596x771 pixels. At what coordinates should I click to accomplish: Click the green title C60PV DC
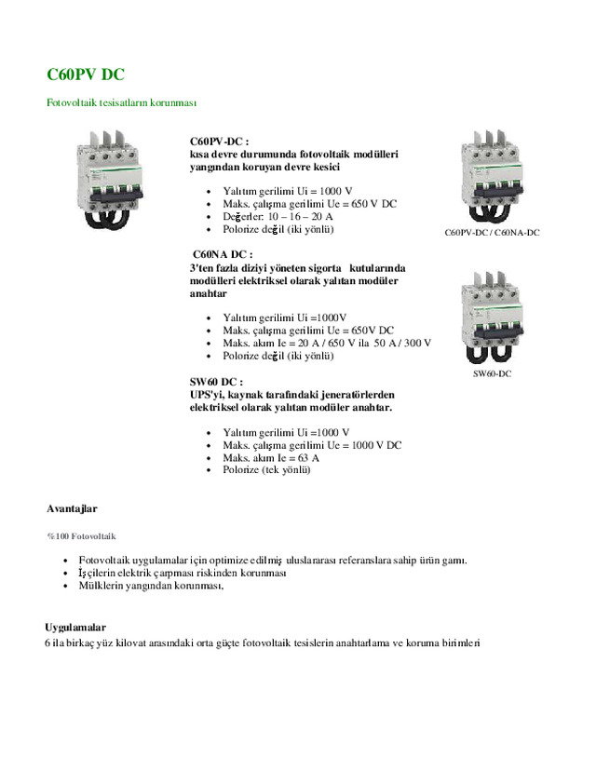tap(86, 74)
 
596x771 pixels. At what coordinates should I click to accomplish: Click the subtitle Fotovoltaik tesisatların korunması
tap(121, 102)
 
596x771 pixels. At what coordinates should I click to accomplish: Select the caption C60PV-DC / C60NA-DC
tap(493, 232)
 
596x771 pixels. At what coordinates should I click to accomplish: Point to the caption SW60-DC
tap(492, 373)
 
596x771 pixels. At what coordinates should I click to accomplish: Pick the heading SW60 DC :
tap(216, 382)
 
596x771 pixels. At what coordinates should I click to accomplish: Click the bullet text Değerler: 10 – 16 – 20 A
tap(278, 216)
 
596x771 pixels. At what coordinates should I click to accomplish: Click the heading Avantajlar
tap(72, 509)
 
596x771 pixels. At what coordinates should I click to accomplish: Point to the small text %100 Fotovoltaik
tap(81, 536)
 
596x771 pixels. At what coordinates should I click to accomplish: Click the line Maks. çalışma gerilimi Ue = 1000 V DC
tap(312, 445)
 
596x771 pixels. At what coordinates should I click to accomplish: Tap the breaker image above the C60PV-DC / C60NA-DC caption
tap(492, 177)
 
